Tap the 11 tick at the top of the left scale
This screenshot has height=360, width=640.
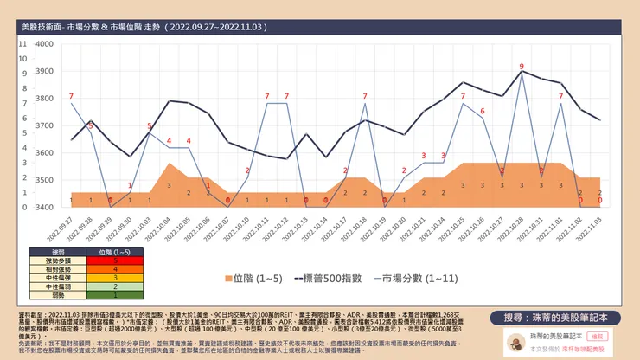(23, 43)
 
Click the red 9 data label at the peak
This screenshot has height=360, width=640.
(522, 66)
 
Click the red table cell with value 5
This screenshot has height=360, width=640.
(115, 260)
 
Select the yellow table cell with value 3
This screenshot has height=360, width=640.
(115, 277)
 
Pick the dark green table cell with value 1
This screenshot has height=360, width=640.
(115, 295)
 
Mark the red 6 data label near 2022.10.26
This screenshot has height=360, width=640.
(483, 110)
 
